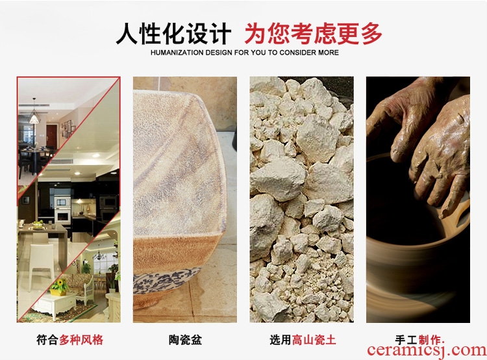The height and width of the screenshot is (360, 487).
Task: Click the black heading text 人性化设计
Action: [x=173, y=34]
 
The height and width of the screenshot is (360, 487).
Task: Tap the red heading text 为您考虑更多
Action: [x=313, y=34]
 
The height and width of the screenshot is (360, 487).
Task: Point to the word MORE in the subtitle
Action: [x=329, y=53]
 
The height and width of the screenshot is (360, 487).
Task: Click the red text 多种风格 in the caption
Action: [x=81, y=339]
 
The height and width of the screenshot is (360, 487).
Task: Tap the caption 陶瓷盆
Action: [x=185, y=339]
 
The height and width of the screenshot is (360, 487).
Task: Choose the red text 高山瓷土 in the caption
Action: [x=314, y=339]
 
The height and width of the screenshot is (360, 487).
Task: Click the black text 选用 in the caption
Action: [x=281, y=339]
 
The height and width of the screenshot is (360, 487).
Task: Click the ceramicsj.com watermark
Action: [x=427, y=350]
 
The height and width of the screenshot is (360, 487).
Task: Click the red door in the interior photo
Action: [x=51, y=136]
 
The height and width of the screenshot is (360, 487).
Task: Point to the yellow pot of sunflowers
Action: [x=59, y=287]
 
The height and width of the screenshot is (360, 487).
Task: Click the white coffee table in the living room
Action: [x=54, y=305]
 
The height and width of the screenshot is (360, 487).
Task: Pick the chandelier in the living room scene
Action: [x=99, y=255]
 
